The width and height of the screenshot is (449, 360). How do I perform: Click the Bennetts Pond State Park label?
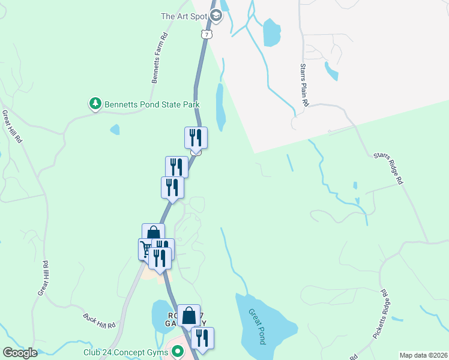pyautogui.click(x=152, y=104)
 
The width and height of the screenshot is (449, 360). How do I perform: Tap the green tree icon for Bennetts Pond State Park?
pyautogui.click(x=95, y=104)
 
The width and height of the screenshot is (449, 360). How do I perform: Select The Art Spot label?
pyautogui.click(x=184, y=16)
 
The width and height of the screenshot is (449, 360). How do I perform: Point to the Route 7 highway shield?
pyautogui.click(x=206, y=35)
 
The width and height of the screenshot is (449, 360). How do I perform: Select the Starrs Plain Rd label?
pyautogui.click(x=304, y=86)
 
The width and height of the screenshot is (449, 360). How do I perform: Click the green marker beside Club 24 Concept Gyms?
pyautogui.click(x=178, y=353)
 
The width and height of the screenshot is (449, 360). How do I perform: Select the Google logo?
pyautogui.click(x=20, y=353)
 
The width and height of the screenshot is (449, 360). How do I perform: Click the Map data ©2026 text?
pyautogui.click(x=423, y=355)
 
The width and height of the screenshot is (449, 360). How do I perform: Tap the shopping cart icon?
pyautogui.click(x=146, y=248)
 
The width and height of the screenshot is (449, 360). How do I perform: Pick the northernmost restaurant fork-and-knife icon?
pyautogui.click(x=196, y=137)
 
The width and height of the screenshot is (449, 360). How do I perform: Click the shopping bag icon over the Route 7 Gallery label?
pyautogui.click(x=188, y=315)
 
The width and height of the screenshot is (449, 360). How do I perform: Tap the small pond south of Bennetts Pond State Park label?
pyautogui.click(x=115, y=129)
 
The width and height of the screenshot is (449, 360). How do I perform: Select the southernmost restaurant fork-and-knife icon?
pyautogui.click(x=202, y=337)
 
